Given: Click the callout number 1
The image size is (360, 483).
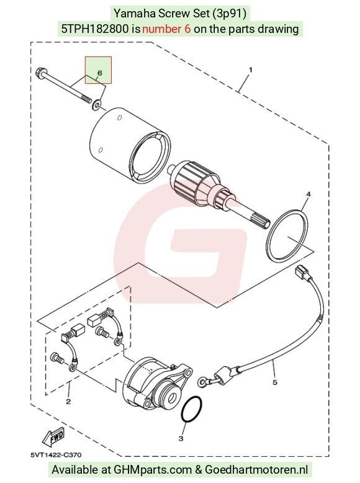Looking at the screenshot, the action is pyautogui.click(x=250, y=70).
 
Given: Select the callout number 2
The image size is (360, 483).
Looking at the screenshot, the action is pyautogui.click(x=68, y=402).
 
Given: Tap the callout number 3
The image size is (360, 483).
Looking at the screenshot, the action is pyautogui.click(x=181, y=438).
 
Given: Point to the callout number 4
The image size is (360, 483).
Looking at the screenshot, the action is pyautogui.click(x=308, y=194).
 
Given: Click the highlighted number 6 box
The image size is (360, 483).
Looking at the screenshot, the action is pyautogui.click(x=98, y=70).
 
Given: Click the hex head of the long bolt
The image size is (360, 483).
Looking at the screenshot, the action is pyautogui.click(x=40, y=73).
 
